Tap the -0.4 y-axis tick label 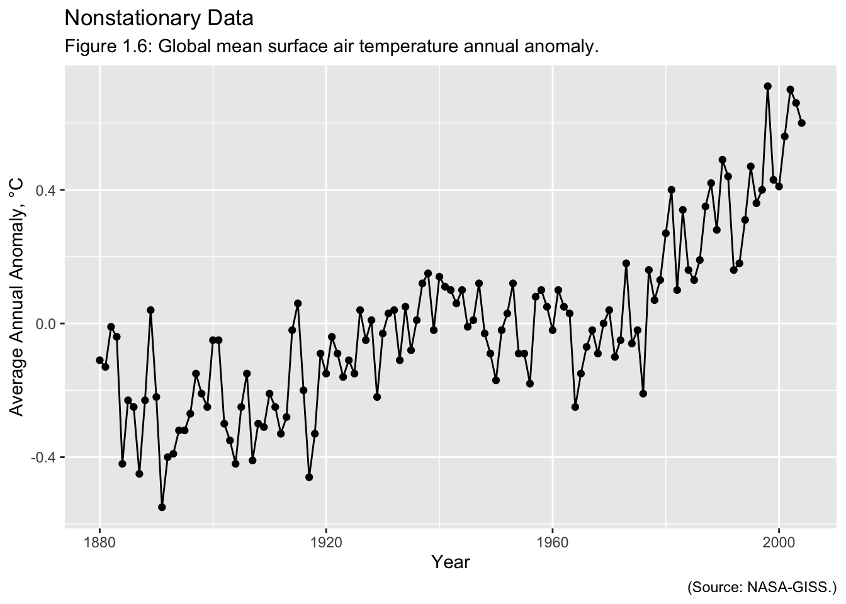click(45, 457)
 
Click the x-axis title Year click(451, 562)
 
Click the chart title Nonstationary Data click(159, 18)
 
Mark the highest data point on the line click(768, 86)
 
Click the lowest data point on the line click(162, 507)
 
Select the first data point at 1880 click(99, 360)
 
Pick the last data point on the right click(802, 123)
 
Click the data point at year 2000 click(779, 186)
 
